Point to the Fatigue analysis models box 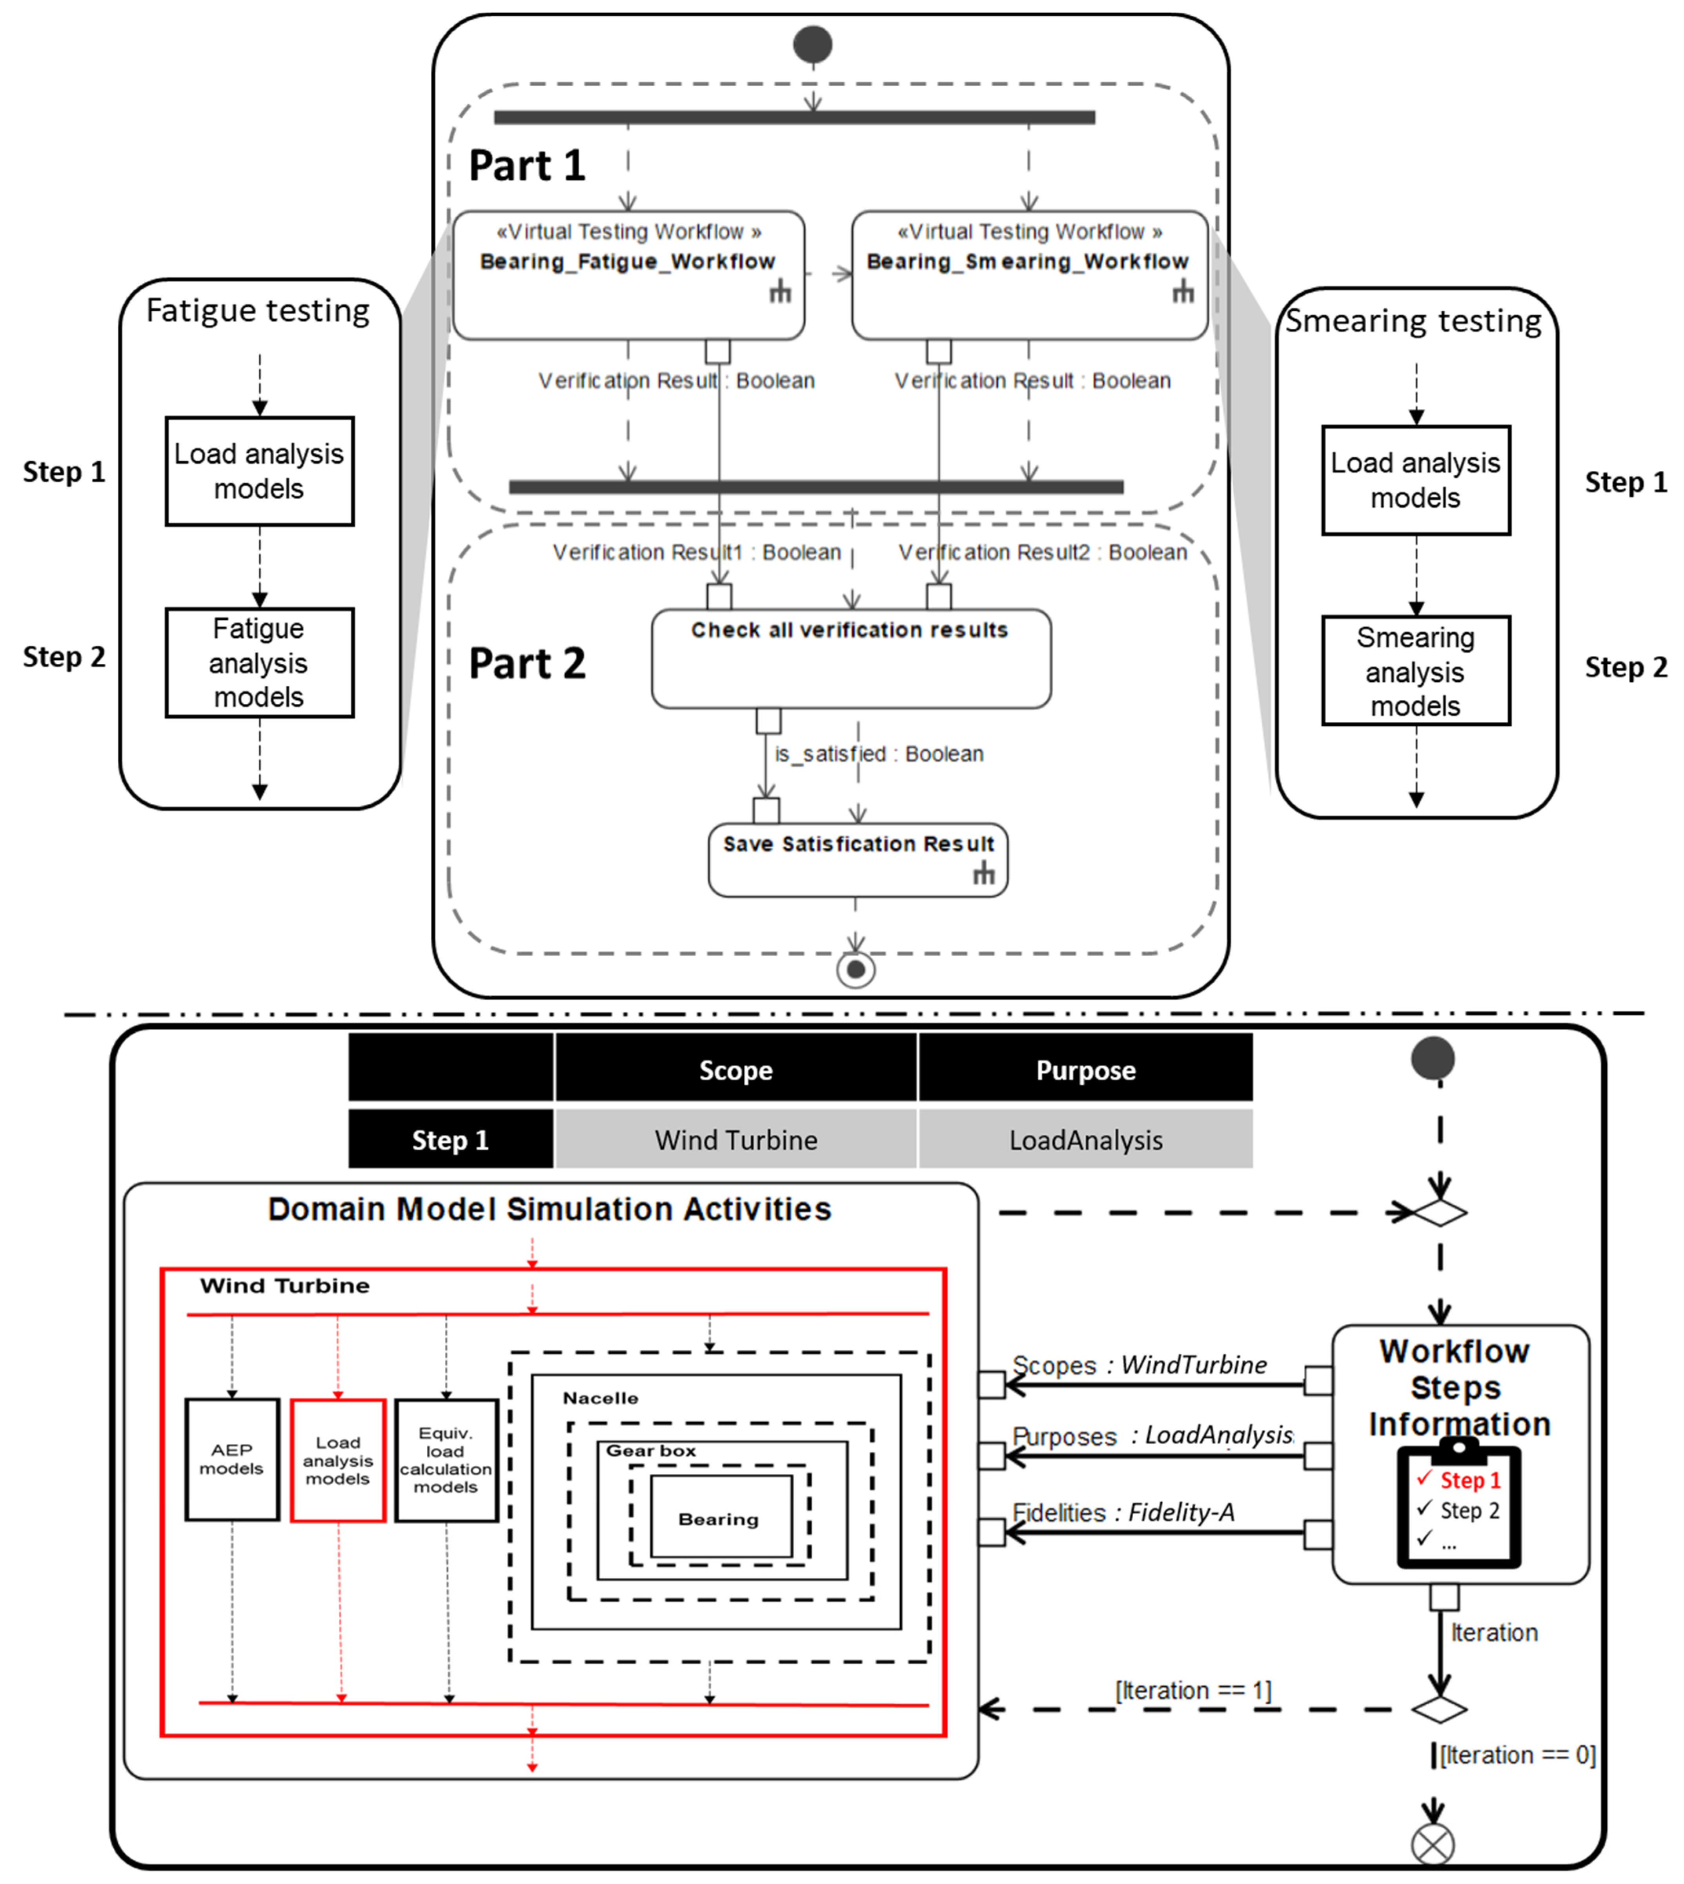click(259, 663)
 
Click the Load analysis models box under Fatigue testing click(259, 471)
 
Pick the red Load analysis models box click(338, 1460)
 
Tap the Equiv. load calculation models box click(446, 1460)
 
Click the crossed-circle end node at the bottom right click(1432, 1844)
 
